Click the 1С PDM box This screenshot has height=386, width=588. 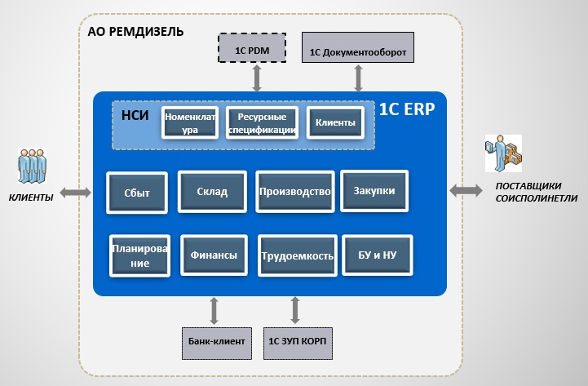(252, 49)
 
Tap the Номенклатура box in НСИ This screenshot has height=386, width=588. (190, 122)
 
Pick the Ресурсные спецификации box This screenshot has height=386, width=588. (261, 122)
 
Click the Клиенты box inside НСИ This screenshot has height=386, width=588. (335, 123)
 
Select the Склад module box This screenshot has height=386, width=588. (211, 192)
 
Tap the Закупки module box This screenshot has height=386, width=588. (374, 191)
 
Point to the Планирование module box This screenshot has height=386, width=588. (140, 255)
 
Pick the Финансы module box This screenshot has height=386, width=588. (214, 255)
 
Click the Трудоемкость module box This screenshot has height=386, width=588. (297, 256)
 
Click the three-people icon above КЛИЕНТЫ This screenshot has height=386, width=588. (30, 167)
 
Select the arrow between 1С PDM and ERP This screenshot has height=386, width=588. (257, 78)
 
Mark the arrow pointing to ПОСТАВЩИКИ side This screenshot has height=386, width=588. (466, 190)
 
